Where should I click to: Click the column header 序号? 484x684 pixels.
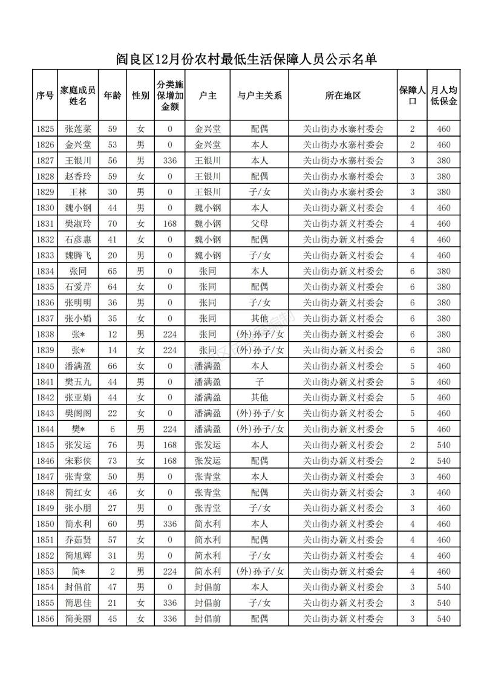[x=45, y=96]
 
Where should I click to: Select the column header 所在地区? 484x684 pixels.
[x=342, y=96]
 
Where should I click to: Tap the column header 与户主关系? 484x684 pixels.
[x=260, y=96]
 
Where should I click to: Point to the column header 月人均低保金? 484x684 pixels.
[x=444, y=96]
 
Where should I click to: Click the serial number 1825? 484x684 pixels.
[x=45, y=129]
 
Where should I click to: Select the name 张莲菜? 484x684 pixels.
[x=78, y=129]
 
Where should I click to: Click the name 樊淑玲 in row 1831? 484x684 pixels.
[x=78, y=224]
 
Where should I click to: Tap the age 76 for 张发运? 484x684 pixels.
[x=112, y=445]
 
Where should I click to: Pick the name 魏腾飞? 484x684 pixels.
[x=78, y=255]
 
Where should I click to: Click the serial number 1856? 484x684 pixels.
[x=45, y=619]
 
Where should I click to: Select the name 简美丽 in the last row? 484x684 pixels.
[x=78, y=619]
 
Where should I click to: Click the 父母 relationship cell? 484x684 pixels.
[x=260, y=224]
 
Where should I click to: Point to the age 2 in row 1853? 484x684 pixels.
[x=112, y=571]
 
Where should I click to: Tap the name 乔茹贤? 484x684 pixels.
[x=78, y=539]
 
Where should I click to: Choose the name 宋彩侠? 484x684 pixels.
[x=78, y=461]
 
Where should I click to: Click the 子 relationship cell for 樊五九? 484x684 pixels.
[x=260, y=382]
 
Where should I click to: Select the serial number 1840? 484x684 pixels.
[x=45, y=366]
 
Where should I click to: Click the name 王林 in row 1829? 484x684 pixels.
[x=78, y=192]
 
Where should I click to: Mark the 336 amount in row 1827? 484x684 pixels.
[x=170, y=161]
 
